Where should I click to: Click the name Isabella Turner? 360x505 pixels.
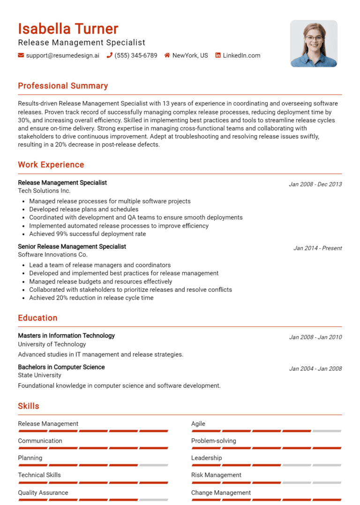pyautogui.click(x=68, y=29)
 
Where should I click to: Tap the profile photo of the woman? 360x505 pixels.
pyautogui.click(x=314, y=44)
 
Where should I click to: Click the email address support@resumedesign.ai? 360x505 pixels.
pyautogui.click(x=62, y=55)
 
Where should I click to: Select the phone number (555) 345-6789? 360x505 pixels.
pyautogui.click(x=136, y=55)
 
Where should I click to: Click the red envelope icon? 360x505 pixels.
pyautogui.click(x=21, y=55)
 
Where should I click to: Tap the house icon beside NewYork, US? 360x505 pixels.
pyautogui.click(x=167, y=55)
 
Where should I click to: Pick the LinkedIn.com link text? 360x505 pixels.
pyautogui.click(x=241, y=55)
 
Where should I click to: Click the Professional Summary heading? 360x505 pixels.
pyautogui.click(x=63, y=86)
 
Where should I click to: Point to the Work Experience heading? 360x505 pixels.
pyautogui.click(x=51, y=164)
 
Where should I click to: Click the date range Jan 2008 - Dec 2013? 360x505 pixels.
pyautogui.click(x=315, y=184)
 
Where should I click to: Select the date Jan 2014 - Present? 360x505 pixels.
pyautogui.click(x=317, y=248)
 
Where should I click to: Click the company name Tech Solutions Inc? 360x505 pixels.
pyautogui.click(x=44, y=191)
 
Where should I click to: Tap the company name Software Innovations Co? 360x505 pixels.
pyautogui.click(x=52, y=254)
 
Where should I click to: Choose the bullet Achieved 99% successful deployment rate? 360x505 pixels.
pyautogui.click(x=87, y=234)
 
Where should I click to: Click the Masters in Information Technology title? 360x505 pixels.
pyautogui.click(x=66, y=335)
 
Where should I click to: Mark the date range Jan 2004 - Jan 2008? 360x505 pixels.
pyautogui.click(x=315, y=369)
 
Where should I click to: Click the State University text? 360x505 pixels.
pyautogui.click(x=39, y=375)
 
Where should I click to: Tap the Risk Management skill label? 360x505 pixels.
pyautogui.click(x=216, y=475)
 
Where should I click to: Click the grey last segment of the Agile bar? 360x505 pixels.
pyautogui.click(x=327, y=431)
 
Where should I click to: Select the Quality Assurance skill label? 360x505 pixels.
pyautogui.click(x=43, y=492)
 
